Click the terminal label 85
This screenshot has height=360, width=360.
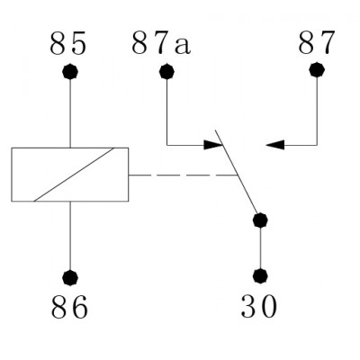pos(67,43)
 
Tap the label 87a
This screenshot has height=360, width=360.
pos(161,43)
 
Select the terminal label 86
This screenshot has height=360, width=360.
pos(69,307)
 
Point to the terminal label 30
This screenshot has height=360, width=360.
pos(258,306)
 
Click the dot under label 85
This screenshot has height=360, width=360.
pos(70,72)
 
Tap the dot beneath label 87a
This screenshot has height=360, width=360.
pos(166,72)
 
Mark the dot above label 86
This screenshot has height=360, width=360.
pos(70,277)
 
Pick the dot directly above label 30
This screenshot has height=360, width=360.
pos(260,275)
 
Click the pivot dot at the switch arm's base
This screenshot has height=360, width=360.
pos(260,220)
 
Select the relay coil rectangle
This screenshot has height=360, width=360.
pos(70,148)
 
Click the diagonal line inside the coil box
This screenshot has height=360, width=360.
pos(74,175)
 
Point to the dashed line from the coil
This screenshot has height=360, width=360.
pos(183,175)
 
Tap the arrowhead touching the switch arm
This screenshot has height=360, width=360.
pos(213,145)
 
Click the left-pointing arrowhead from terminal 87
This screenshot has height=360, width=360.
pos(274,145)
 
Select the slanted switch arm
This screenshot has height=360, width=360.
pos(237,172)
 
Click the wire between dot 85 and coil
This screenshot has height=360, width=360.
pos(70,113)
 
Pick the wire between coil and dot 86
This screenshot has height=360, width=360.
pos(70,236)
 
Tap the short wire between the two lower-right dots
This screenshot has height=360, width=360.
pos(260,248)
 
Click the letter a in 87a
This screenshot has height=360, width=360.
pos(183,47)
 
